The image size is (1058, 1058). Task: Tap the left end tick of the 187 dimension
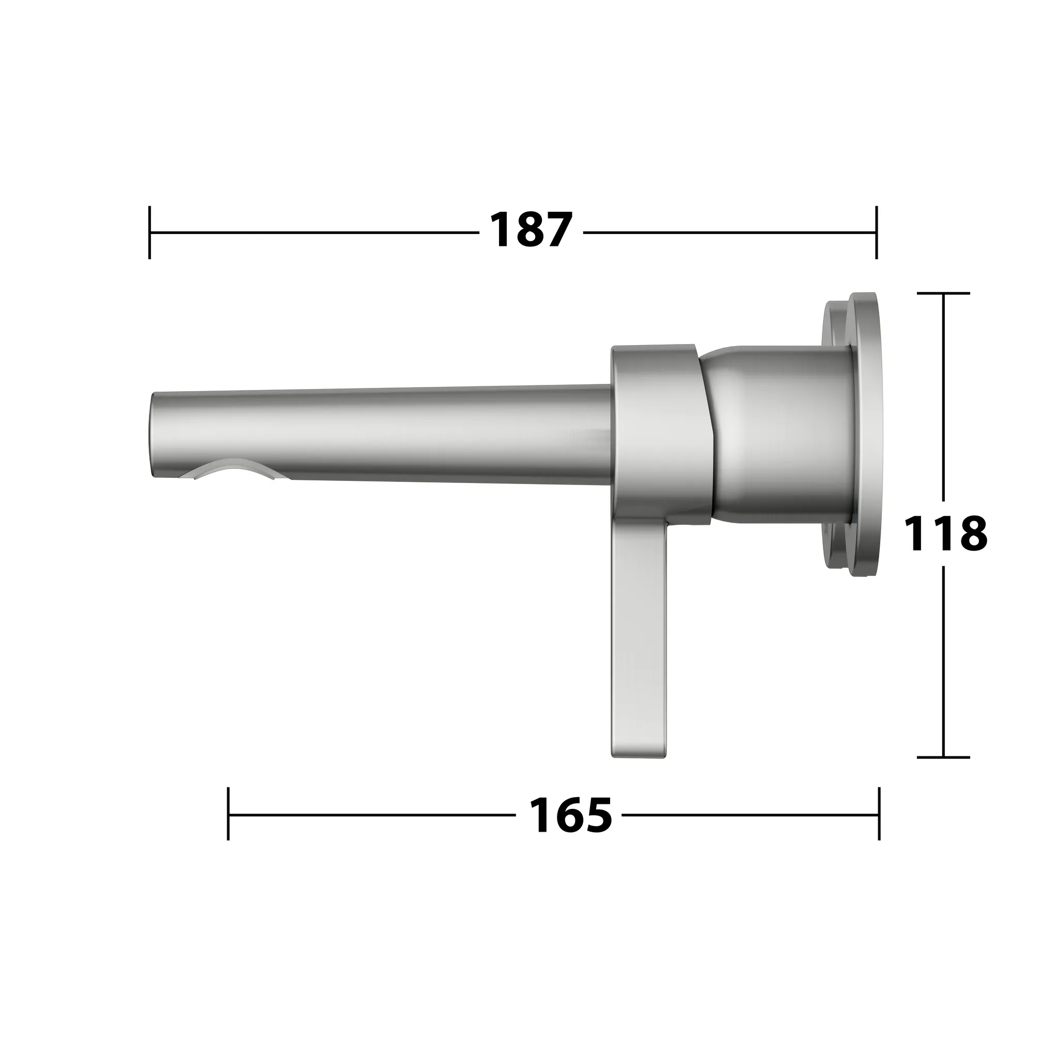click(x=149, y=232)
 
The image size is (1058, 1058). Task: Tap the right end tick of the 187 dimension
click(x=876, y=232)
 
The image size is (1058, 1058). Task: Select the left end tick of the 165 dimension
click(x=228, y=814)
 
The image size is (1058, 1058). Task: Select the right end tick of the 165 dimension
click(x=879, y=814)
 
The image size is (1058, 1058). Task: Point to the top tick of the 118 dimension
click(x=943, y=293)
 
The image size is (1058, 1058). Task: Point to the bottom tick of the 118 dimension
click(x=943, y=757)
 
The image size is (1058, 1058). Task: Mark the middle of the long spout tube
click(x=383, y=435)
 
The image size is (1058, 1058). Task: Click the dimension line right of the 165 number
click(x=750, y=814)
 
